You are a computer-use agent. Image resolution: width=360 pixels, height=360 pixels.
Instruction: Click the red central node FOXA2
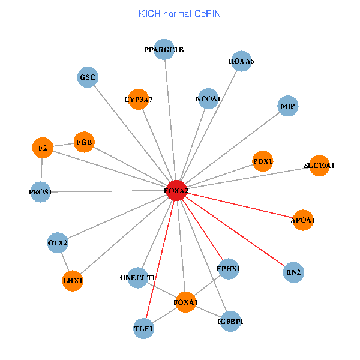pyautogui.click(x=176, y=190)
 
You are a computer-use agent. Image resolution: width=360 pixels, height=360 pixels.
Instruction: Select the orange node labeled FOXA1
pyautogui.click(x=185, y=302)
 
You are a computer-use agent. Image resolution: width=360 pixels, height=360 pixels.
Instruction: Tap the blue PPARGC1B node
pyautogui.click(x=164, y=50)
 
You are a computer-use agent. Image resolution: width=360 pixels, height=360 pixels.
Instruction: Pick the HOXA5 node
pyautogui.click(x=241, y=61)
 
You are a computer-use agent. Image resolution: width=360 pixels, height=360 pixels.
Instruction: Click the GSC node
pyautogui.click(x=88, y=77)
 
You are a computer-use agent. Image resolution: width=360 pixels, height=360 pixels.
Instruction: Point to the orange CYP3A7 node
pyautogui.click(x=139, y=100)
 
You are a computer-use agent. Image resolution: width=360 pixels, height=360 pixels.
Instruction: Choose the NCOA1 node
pyautogui.click(x=208, y=99)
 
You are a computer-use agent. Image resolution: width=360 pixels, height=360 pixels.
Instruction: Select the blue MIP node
pyautogui.click(x=288, y=107)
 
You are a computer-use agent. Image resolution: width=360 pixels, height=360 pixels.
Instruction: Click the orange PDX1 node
pyautogui.click(x=263, y=161)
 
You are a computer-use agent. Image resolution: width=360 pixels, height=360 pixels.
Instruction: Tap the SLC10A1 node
pyautogui.click(x=319, y=166)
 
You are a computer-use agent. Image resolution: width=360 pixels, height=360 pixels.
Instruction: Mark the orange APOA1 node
pyautogui.click(x=303, y=220)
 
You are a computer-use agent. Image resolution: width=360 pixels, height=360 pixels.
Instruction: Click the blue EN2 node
pyautogui.click(x=293, y=272)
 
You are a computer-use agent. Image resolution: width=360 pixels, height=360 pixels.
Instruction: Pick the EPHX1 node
pyautogui.click(x=228, y=269)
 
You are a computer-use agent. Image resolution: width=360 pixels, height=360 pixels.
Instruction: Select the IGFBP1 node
pyautogui.click(x=230, y=322)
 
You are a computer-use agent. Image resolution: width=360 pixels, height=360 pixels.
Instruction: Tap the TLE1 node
pyautogui.click(x=144, y=329)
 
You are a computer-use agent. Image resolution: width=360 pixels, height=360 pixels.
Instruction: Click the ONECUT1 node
pyautogui.click(x=138, y=278)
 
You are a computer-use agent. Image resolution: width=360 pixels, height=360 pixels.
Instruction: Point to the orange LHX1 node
pyautogui.click(x=73, y=281)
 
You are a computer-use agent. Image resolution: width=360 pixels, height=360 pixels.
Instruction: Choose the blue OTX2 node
pyautogui.click(x=58, y=243)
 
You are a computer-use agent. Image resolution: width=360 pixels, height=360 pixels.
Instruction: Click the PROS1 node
pyautogui.click(x=40, y=192)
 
